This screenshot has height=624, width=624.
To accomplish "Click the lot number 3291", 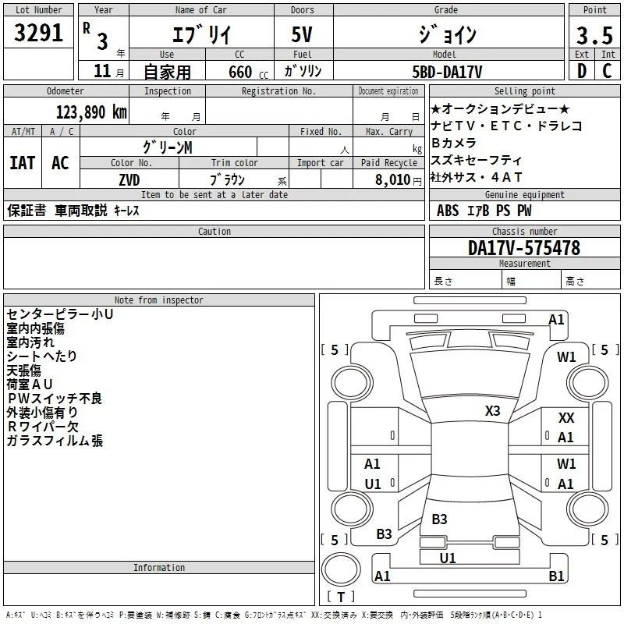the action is click(x=38, y=33).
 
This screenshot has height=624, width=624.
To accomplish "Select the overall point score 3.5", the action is click(x=594, y=35).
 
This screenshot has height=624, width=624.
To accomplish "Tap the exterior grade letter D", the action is click(x=582, y=71).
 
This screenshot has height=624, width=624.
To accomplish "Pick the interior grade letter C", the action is click(x=607, y=71).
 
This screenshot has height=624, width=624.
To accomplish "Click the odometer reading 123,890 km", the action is click(x=91, y=112).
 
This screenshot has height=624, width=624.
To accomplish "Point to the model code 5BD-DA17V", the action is click(x=447, y=72).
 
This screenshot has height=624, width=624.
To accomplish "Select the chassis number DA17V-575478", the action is click(x=524, y=248).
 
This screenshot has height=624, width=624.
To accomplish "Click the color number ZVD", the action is click(x=129, y=180).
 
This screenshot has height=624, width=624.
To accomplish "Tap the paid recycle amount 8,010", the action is click(x=393, y=180).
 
